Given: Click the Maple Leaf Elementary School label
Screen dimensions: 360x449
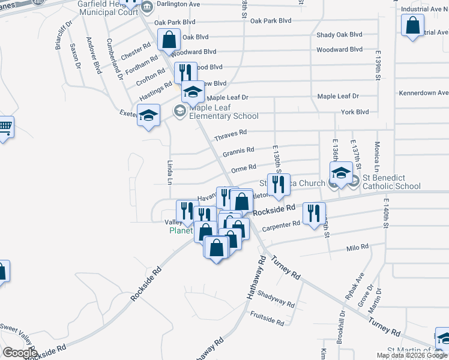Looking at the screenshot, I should tap(223, 112).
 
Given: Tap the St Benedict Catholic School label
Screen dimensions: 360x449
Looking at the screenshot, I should tap(391, 182).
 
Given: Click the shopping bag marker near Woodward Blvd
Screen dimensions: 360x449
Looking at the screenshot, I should tap(169, 40).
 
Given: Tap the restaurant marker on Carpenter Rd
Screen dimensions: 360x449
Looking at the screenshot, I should tap(314, 214).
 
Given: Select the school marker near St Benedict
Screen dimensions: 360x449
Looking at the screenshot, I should tap(341, 173).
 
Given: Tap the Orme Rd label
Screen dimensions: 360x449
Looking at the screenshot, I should tap(244, 167).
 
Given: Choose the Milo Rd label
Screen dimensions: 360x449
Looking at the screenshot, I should tap(357, 247).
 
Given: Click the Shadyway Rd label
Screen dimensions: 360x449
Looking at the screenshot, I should tap(276, 299).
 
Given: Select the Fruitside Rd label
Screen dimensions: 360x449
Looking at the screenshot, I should tap(267, 318).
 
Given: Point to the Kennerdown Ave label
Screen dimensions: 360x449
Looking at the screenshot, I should tap(424, 93).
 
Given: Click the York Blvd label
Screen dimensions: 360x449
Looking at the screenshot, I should tap(354, 112).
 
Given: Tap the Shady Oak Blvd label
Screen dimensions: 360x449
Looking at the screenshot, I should tap(339, 35).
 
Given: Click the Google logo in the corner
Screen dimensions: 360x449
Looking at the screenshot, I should tap(20, 352).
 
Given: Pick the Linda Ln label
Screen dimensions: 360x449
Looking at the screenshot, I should tap(169, 173).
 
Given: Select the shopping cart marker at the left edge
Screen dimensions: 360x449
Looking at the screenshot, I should tap(4, 127).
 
